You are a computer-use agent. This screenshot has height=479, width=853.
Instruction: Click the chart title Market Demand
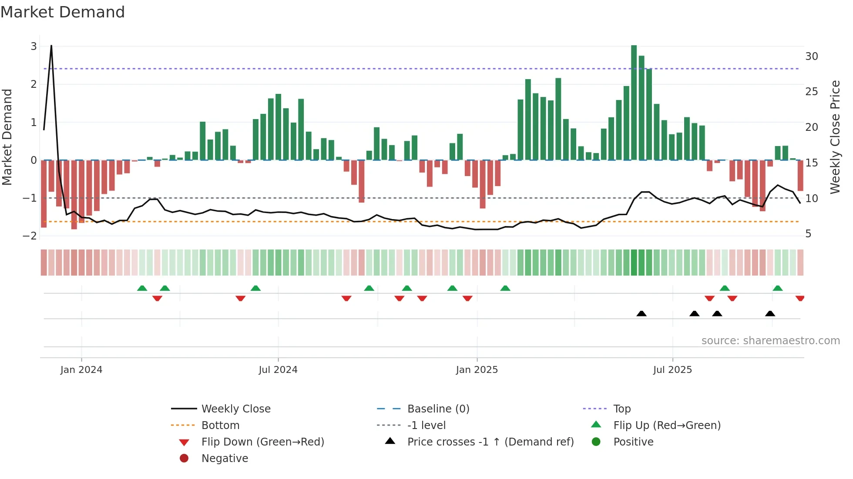tap(63, 12)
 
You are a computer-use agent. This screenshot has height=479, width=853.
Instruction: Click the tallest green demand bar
tap(634, 103)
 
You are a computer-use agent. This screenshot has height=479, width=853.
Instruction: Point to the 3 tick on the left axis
tap(34, 47)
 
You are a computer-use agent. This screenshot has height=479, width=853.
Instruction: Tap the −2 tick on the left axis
tap(30, 236)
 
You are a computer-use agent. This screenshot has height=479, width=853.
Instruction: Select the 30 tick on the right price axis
tap(811, 57)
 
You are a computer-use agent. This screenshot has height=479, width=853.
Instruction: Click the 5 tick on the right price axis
tap(808, 234)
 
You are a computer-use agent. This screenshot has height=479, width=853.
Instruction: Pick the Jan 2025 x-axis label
tap(477, 370)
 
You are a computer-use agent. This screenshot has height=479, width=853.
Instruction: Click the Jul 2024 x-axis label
tap(278, 370)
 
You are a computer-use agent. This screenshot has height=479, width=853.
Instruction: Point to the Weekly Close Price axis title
tap(835, 137)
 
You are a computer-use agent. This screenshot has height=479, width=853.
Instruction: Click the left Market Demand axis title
tap(7, 137)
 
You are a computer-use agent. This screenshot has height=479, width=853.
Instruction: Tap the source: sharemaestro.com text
tap(770, 341)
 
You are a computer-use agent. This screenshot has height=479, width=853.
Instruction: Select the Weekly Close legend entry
tap(235, 409)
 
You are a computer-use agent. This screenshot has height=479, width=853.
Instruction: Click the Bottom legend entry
tap(220, 426)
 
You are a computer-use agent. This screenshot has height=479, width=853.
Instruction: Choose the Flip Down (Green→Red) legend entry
tap(262, 442)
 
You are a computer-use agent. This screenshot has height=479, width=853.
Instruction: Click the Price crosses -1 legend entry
tap(490, 442)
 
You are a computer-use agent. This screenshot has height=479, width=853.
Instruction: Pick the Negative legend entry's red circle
tap(184, 459)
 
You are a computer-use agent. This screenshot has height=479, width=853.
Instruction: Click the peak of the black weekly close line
tap(51, 46)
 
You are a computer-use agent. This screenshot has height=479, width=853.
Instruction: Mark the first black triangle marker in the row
tap(641, 313)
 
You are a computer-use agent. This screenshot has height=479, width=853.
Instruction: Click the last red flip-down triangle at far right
tap(800, 298)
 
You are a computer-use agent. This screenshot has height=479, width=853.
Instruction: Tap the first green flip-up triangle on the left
tap(142, 288)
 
